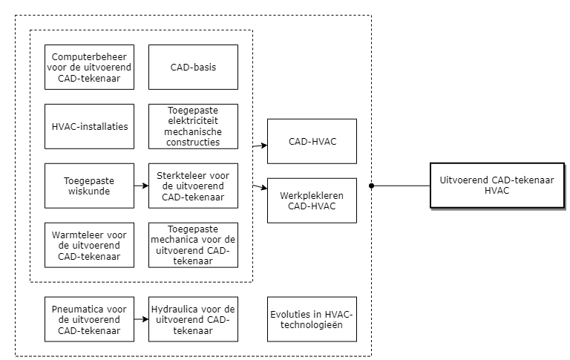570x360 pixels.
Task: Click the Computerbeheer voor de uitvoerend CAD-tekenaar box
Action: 89,67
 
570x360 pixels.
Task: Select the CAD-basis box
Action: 193,67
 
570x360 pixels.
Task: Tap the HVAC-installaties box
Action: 89,126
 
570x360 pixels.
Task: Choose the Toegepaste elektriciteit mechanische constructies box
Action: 193,126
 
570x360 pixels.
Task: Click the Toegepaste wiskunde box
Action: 89,186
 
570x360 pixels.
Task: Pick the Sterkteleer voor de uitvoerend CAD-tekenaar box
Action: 193,186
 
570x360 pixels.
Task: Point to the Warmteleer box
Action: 89,245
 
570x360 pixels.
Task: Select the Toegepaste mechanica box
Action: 193,245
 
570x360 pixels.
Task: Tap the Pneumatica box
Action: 89,319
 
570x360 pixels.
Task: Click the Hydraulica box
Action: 193,319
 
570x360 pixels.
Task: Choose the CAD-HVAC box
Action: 312,141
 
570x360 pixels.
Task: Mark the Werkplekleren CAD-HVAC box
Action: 312,200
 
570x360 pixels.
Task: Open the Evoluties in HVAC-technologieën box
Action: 312,319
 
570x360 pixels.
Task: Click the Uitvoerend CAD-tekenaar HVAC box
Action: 497,186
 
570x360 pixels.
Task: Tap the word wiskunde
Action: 89,191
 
